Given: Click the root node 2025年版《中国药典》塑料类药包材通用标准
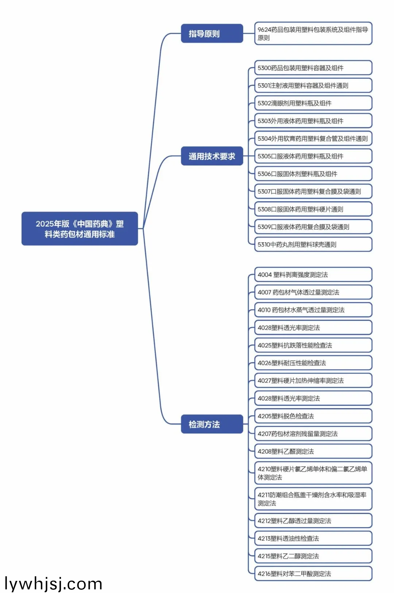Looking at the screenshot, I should [x=80, y=229].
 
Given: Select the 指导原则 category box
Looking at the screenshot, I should [x=212, y=34].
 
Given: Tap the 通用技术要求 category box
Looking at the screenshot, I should [x=212, y=156].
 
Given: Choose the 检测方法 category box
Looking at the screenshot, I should [x=212, y=424].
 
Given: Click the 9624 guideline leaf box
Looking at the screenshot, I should [x=313, y=34].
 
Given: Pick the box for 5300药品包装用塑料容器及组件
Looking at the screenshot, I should [x=313, y=68].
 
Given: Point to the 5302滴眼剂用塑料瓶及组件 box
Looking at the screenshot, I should [x=313, y=103].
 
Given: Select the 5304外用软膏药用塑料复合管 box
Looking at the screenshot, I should [x=313, y=139].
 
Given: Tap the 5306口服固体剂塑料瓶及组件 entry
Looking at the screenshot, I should [x=313, y=174].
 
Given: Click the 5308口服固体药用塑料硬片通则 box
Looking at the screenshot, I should [x=313, y=209].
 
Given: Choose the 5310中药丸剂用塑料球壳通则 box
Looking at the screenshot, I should [x=313, y=245].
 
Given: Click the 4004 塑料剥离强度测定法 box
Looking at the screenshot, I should [x=313, y=274].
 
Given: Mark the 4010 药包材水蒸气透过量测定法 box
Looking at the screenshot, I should [x=313, y=310].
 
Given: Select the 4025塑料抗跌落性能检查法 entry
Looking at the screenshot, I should [x=313, y=345].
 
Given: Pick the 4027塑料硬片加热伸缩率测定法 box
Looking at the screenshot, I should [x=313, y=381].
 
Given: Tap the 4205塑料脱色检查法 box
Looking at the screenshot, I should [x=313, y=416].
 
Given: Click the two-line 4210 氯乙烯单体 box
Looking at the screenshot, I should [x=313, y=473].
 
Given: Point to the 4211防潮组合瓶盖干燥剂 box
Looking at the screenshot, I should [x=313, y=499].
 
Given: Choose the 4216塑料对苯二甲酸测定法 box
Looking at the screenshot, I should [x=313, y=574].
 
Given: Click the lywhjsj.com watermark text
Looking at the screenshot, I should [x=53, y=584].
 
